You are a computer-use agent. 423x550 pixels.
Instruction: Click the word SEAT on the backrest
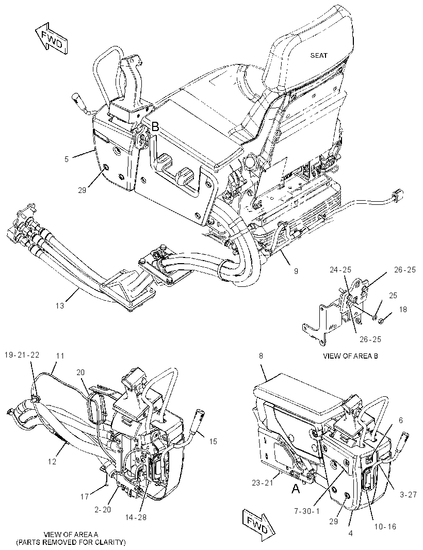tap(318, 55)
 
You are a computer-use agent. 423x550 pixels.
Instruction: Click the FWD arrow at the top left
tap(51, 39)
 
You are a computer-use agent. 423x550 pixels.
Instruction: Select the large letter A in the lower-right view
tap(296, 488)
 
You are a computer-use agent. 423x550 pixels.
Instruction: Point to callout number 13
tap(60, 305)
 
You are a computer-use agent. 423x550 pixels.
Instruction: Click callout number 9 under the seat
tap(296, 271)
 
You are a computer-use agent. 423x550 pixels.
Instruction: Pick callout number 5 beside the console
tap(67, 159)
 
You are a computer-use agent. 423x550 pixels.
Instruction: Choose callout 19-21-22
tap(22, 354)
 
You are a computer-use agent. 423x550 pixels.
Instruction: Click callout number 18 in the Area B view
tap(403, 310)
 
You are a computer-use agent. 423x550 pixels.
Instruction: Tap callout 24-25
tap(340, 270)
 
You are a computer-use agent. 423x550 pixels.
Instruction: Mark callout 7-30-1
tap(307, 511)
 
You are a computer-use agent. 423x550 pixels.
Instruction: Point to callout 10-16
tap(385, 526)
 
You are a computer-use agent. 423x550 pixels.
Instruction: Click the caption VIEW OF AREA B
tap(350, 356)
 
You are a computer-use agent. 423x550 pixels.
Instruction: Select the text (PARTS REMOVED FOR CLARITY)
tap(71, 542)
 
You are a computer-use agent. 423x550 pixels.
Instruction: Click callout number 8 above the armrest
tap(261, 356)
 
